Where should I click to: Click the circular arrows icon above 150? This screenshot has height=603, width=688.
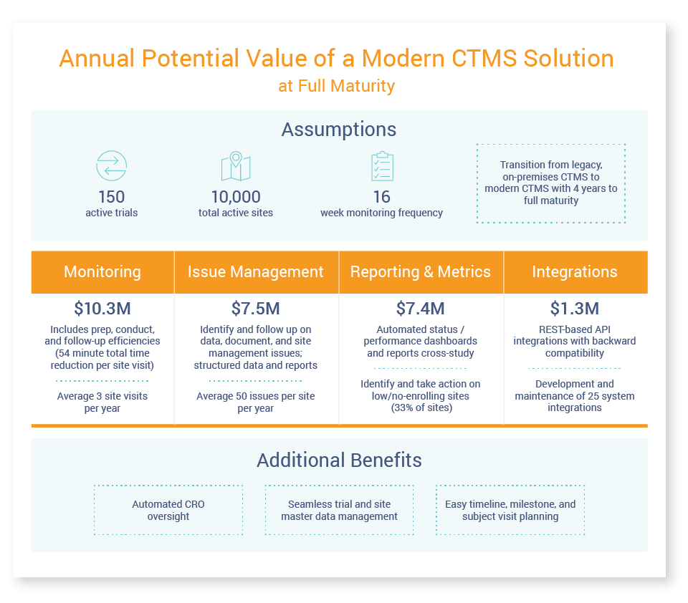pyautogui.click(x=111, y=165)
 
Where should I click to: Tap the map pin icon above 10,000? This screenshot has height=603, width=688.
pyautogui.click(x=235, y=167)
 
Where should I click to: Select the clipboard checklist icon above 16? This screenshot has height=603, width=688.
pyautogui.click(x=381, y=166)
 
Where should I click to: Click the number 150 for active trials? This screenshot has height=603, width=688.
pyautogui.click(x=111, y=197)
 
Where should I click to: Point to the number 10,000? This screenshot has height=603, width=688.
pyautogui.click(x=235, y=197)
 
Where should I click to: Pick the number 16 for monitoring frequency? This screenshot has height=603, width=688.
pyautogui.click(x=381, y=197)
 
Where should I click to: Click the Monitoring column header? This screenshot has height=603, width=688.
pyautogui.click(x=102, y=272)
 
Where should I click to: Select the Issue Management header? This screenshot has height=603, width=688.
pyautogui.click(x=256, y=272)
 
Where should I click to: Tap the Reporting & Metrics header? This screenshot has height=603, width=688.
pyautogui.click(x=421, y=272)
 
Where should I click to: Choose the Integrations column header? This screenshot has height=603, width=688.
pyautogui.click(x=575, y=272)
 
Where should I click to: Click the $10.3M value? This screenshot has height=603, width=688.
pyautogui.click(x=102, y=309)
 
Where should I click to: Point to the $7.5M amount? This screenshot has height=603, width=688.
pyautogui.click(x=256, y=309)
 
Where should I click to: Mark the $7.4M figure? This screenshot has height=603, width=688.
pyautogui.click(x=421, y=309)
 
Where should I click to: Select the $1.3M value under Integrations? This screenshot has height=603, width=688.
pyautogui.click(x=575, y=309)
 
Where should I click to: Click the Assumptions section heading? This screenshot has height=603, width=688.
pyautogui.click(x=339, y=130)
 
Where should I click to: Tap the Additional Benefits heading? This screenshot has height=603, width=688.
pyautogui.click(x=339, y=460)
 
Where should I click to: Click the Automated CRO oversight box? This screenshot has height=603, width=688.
pyautogui.click(x=168, y=510)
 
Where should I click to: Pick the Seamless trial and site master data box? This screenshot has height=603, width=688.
pyautogui.click(x=339, y=510)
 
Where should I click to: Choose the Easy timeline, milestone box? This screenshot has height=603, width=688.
pyautogui.click(x=510, y=510)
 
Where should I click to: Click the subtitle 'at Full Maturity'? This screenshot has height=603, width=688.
pyautogui.click(x=337, y=86)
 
